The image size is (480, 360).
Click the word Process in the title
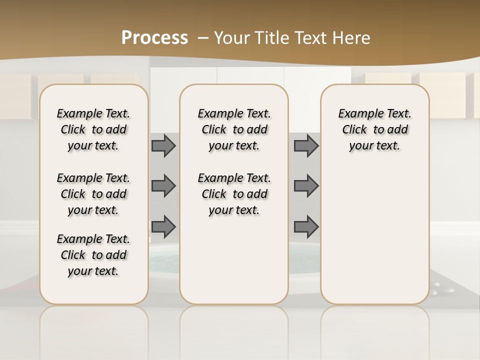pyautogui.click(x=154, y=38)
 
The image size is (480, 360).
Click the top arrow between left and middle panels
pyautogui.click(x=163, y=145)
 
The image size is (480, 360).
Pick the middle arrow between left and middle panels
pyautogui.click(x=163, y=186)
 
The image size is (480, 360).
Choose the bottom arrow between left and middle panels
pyautogui.click(x=163, y=226)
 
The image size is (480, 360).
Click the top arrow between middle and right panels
pyautogui.click(x=306, y=145)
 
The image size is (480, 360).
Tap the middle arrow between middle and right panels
pyautogui.click(x=306, y=186)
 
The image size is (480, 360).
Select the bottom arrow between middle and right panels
pyautogui.click(x=306, y=226)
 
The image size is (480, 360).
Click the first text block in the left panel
pyautogui.click(x=93, y=129)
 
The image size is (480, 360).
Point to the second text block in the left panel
pyautogui.click(x=93, y=194)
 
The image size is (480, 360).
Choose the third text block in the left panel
pyautogui.click(x=93, y=255)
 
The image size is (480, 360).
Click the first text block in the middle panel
pyautogui.click(x=234, y=129)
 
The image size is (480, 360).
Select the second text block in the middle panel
pyautogui.click(x=234, y=194)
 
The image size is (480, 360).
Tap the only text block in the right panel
pyautogui.click(x=374, y=129)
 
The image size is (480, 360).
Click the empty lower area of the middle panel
pyautogui.click(x=234, y=260)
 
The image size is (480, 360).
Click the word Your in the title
pyautogui.click(x=232, y=38)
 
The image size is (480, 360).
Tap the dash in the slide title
pyautogui.click(x=203, y=38)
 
